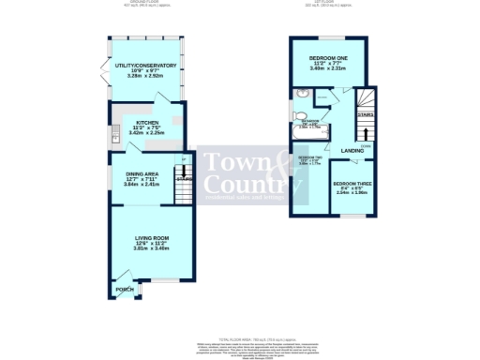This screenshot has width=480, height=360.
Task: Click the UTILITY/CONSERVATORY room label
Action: point(139,65)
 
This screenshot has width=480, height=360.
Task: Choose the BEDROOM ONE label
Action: point(329,57)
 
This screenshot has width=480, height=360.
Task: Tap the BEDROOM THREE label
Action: point(353,185)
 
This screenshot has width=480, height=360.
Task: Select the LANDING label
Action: point(352,150)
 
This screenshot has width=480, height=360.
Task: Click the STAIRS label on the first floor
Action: point(365,114)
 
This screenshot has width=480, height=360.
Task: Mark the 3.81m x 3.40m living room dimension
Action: point(149,249)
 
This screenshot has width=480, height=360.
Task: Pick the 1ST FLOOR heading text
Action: point(333,3)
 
